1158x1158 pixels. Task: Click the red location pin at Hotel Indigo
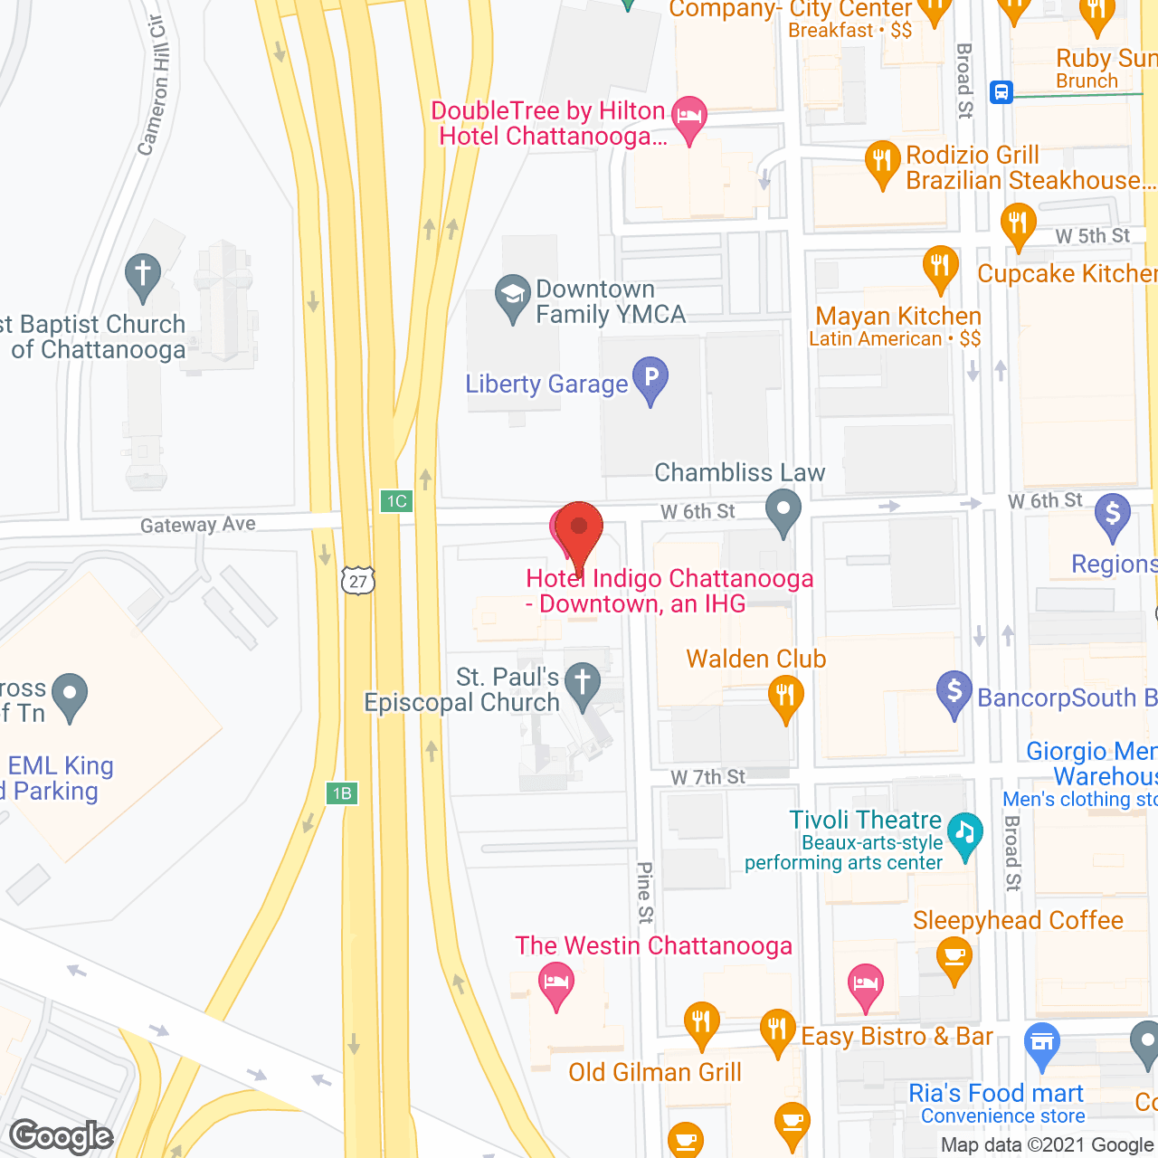click(x=578, y=529)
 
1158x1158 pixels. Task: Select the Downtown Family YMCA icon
click(x=512, y=296)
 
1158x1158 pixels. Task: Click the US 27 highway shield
click(x=358, y=580)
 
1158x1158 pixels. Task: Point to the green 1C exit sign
click(x=396, y=501)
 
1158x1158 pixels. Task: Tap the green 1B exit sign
click(x=342, y=793)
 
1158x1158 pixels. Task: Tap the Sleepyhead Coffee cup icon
click(x=954, y=955)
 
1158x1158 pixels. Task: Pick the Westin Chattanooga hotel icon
click(x=555, y=982)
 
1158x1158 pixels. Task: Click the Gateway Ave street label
click(x=197, y=525)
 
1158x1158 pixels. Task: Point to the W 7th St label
click(x=707, y=777)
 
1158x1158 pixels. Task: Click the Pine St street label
click(x=644, y=892)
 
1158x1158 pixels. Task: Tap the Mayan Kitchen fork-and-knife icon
click(x=940, y=266)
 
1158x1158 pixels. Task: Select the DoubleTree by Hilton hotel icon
click(x=689, y=117)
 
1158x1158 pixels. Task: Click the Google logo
click(x=62, y=1136)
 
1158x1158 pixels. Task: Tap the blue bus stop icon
click(x=1001, y=91)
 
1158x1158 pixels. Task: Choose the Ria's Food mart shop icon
click(x=1042, y=1042)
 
